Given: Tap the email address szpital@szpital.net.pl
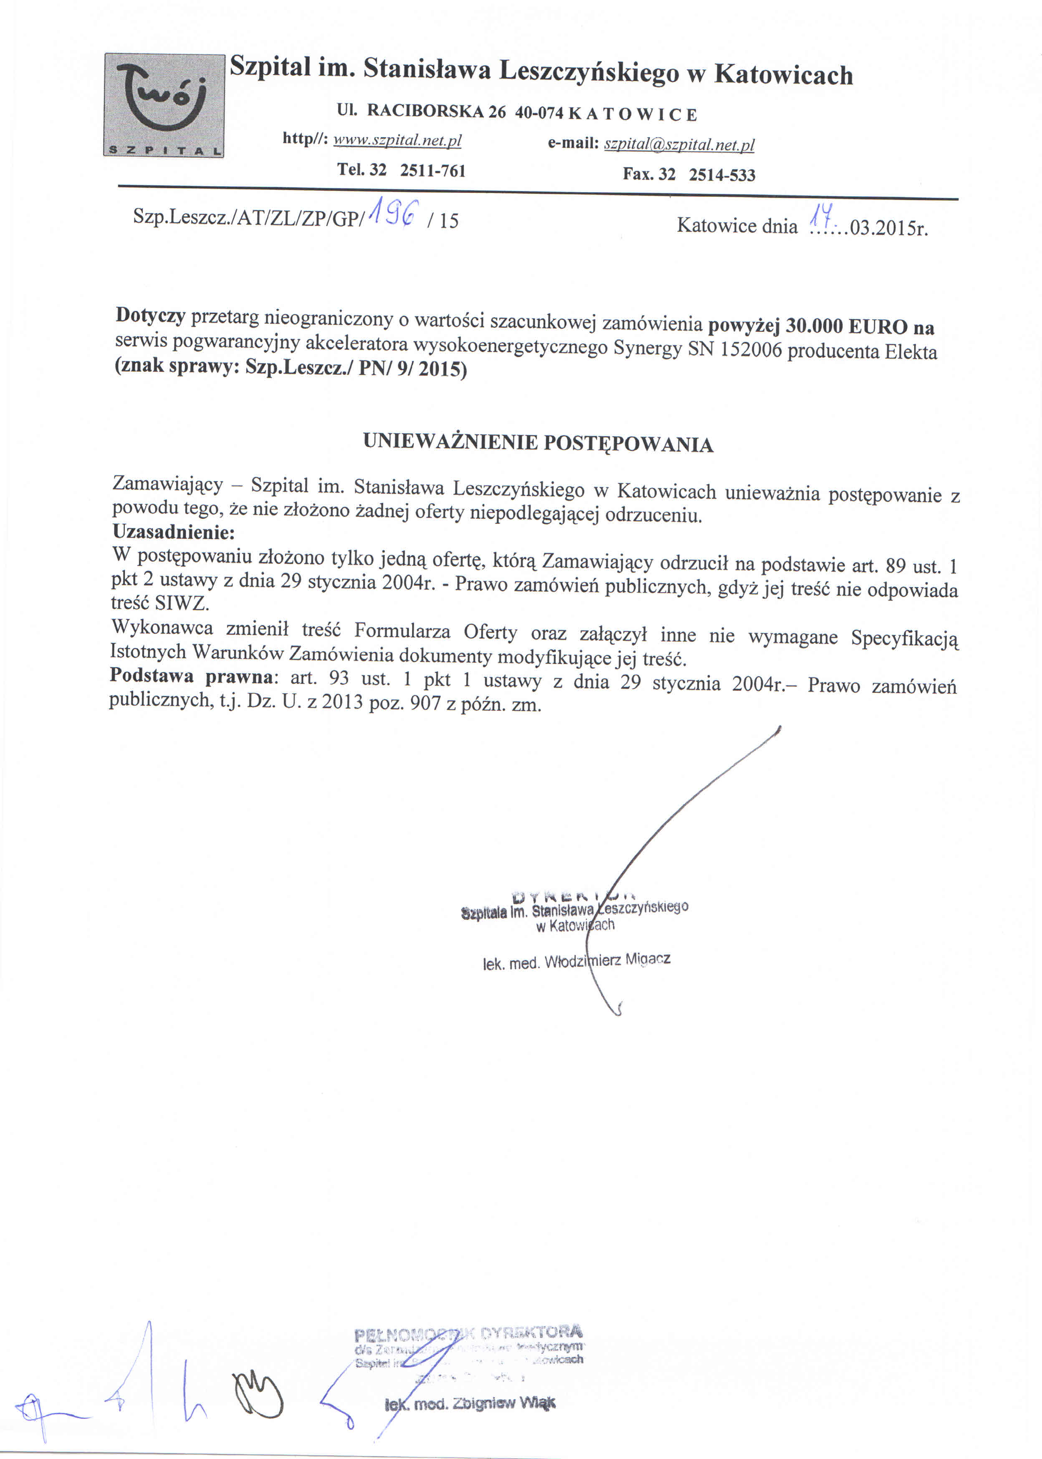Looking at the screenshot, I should pyautogui.click(x=679, y=144).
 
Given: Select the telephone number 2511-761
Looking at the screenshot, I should pyautogui.click(x=432, y=171).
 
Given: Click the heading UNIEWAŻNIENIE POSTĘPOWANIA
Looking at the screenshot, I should pyautogui.click(x=538, y=442).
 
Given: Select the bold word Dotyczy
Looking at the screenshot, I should pyautogui.click(x=150, y=315).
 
